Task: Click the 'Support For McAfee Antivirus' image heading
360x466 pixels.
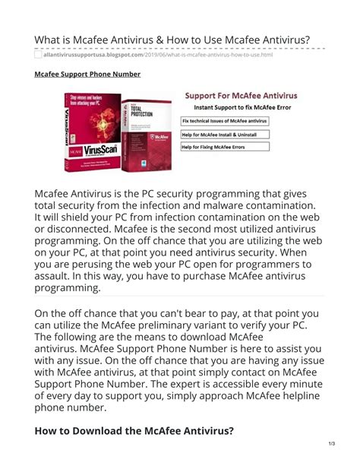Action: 242,97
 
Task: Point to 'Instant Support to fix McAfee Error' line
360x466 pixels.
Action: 241,109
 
